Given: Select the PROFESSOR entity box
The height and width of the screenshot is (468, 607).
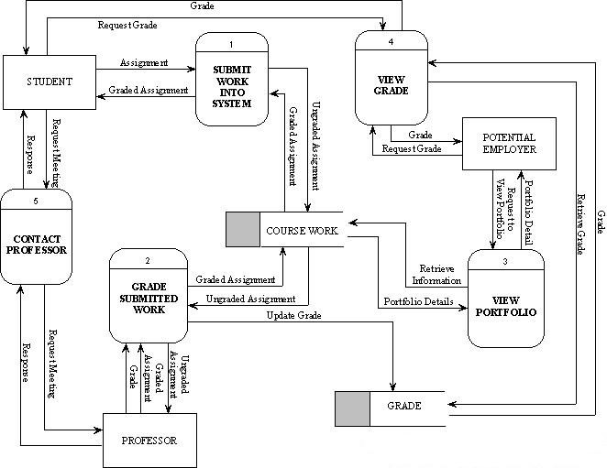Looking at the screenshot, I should click(x=149, y=441).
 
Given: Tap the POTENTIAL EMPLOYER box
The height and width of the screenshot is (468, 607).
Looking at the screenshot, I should click(x=508, y=144).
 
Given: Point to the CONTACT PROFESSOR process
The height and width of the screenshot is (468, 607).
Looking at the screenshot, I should click(x=38, y=243).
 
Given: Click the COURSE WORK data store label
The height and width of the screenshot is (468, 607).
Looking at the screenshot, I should click(x=303, y=230).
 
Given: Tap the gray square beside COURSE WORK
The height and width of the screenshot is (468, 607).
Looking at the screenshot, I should click(x=244, y=230).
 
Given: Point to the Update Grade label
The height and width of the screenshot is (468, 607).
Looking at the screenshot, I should click(x=294, y=315).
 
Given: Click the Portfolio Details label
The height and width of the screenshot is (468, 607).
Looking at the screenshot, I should click(x=418, y=301).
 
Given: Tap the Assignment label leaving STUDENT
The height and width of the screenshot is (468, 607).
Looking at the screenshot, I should click(x=144, y=63).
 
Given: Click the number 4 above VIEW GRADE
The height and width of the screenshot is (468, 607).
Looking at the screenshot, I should click(x=392, y=42).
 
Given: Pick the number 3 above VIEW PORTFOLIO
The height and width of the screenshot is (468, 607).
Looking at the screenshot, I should click(x=505, y=261).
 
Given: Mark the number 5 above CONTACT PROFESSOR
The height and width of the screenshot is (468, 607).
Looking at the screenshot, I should click(x=36, y=199).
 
